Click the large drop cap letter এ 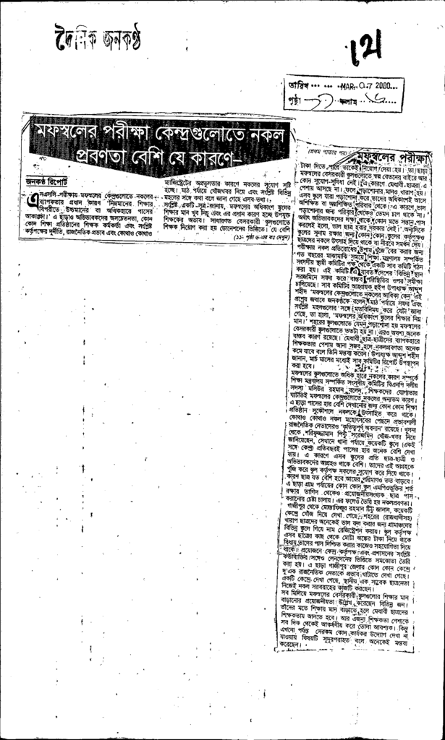coord(33,200)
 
